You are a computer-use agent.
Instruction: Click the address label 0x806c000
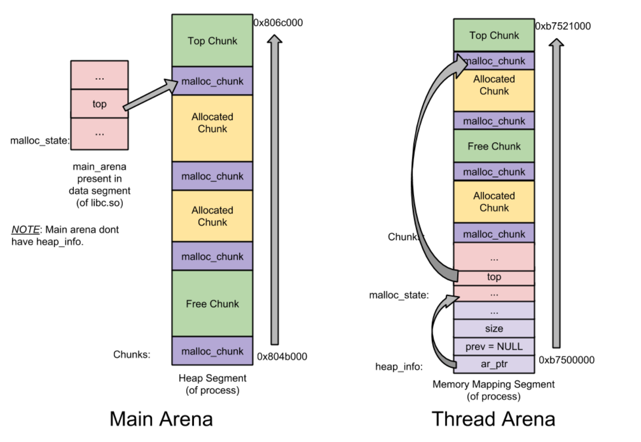coord(278,23)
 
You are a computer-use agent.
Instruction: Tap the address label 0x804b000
coord(282,357)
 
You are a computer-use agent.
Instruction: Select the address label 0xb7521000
coord(563,26)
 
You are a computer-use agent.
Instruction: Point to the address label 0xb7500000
coord(567,360)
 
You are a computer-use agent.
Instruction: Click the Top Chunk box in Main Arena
coord(212,41)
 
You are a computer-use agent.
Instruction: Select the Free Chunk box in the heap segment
coord(212,304)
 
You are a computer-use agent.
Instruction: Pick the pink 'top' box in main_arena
coord(99,104)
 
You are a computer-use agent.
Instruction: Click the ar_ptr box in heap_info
coord(494,364)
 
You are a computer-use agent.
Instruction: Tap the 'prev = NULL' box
coord(494,347)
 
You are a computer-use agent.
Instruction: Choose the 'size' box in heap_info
coord(494,328)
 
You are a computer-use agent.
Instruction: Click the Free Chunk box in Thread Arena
coord(494,146)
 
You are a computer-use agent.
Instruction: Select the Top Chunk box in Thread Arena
coord(494,35)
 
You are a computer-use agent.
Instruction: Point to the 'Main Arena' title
coord(161,419)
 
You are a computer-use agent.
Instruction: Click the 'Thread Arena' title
coord(493,419)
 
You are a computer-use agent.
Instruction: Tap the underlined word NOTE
coord(25,229)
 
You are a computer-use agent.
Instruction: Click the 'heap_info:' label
coord(399,367)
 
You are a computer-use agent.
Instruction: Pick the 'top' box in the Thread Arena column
coord(494,277)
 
